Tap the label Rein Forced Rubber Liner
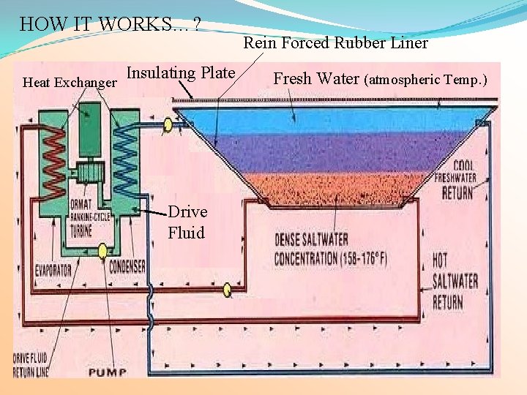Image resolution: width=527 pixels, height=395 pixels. coord(335,43)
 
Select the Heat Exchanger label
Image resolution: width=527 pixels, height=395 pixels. coord(70,82)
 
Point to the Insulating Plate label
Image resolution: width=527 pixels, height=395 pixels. coord(181,72)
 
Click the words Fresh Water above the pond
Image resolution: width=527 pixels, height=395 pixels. coord(316,78)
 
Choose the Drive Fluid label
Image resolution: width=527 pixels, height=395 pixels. coord(187,222)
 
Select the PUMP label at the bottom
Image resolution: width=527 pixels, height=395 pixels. coord(108,372)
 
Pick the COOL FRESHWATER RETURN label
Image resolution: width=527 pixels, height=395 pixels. coord(455,180)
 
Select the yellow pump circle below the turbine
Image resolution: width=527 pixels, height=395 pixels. coord(104,251)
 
